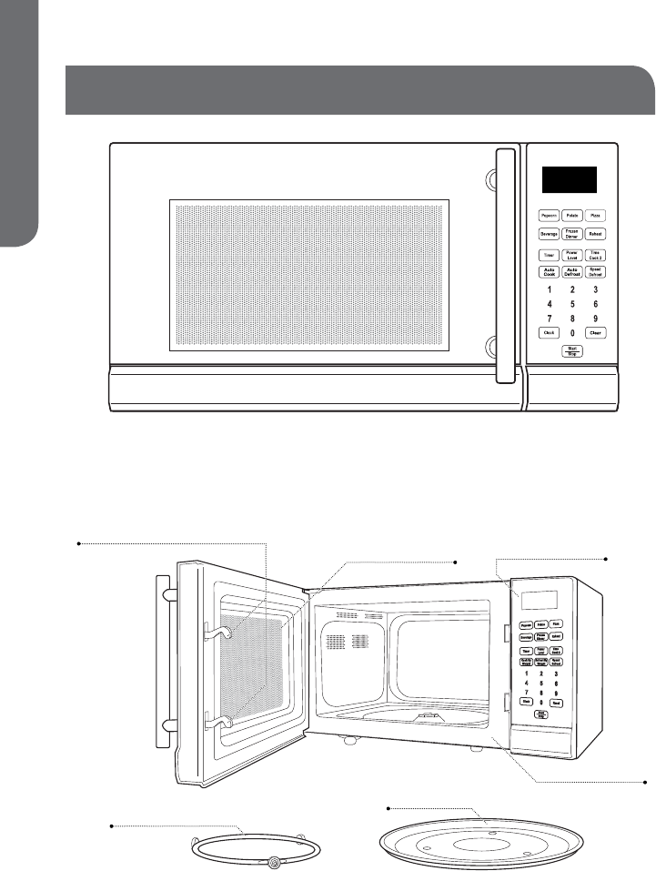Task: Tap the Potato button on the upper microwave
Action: click(x=571, y=216)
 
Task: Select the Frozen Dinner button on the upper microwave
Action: click(x=571, y=234)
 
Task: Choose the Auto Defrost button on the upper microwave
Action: click(x=571, y=271)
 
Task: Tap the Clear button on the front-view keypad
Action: click(x=595, y=333)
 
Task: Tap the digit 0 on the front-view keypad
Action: click(x=571, y=333)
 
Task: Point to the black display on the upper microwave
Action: click(x=570, y=179)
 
